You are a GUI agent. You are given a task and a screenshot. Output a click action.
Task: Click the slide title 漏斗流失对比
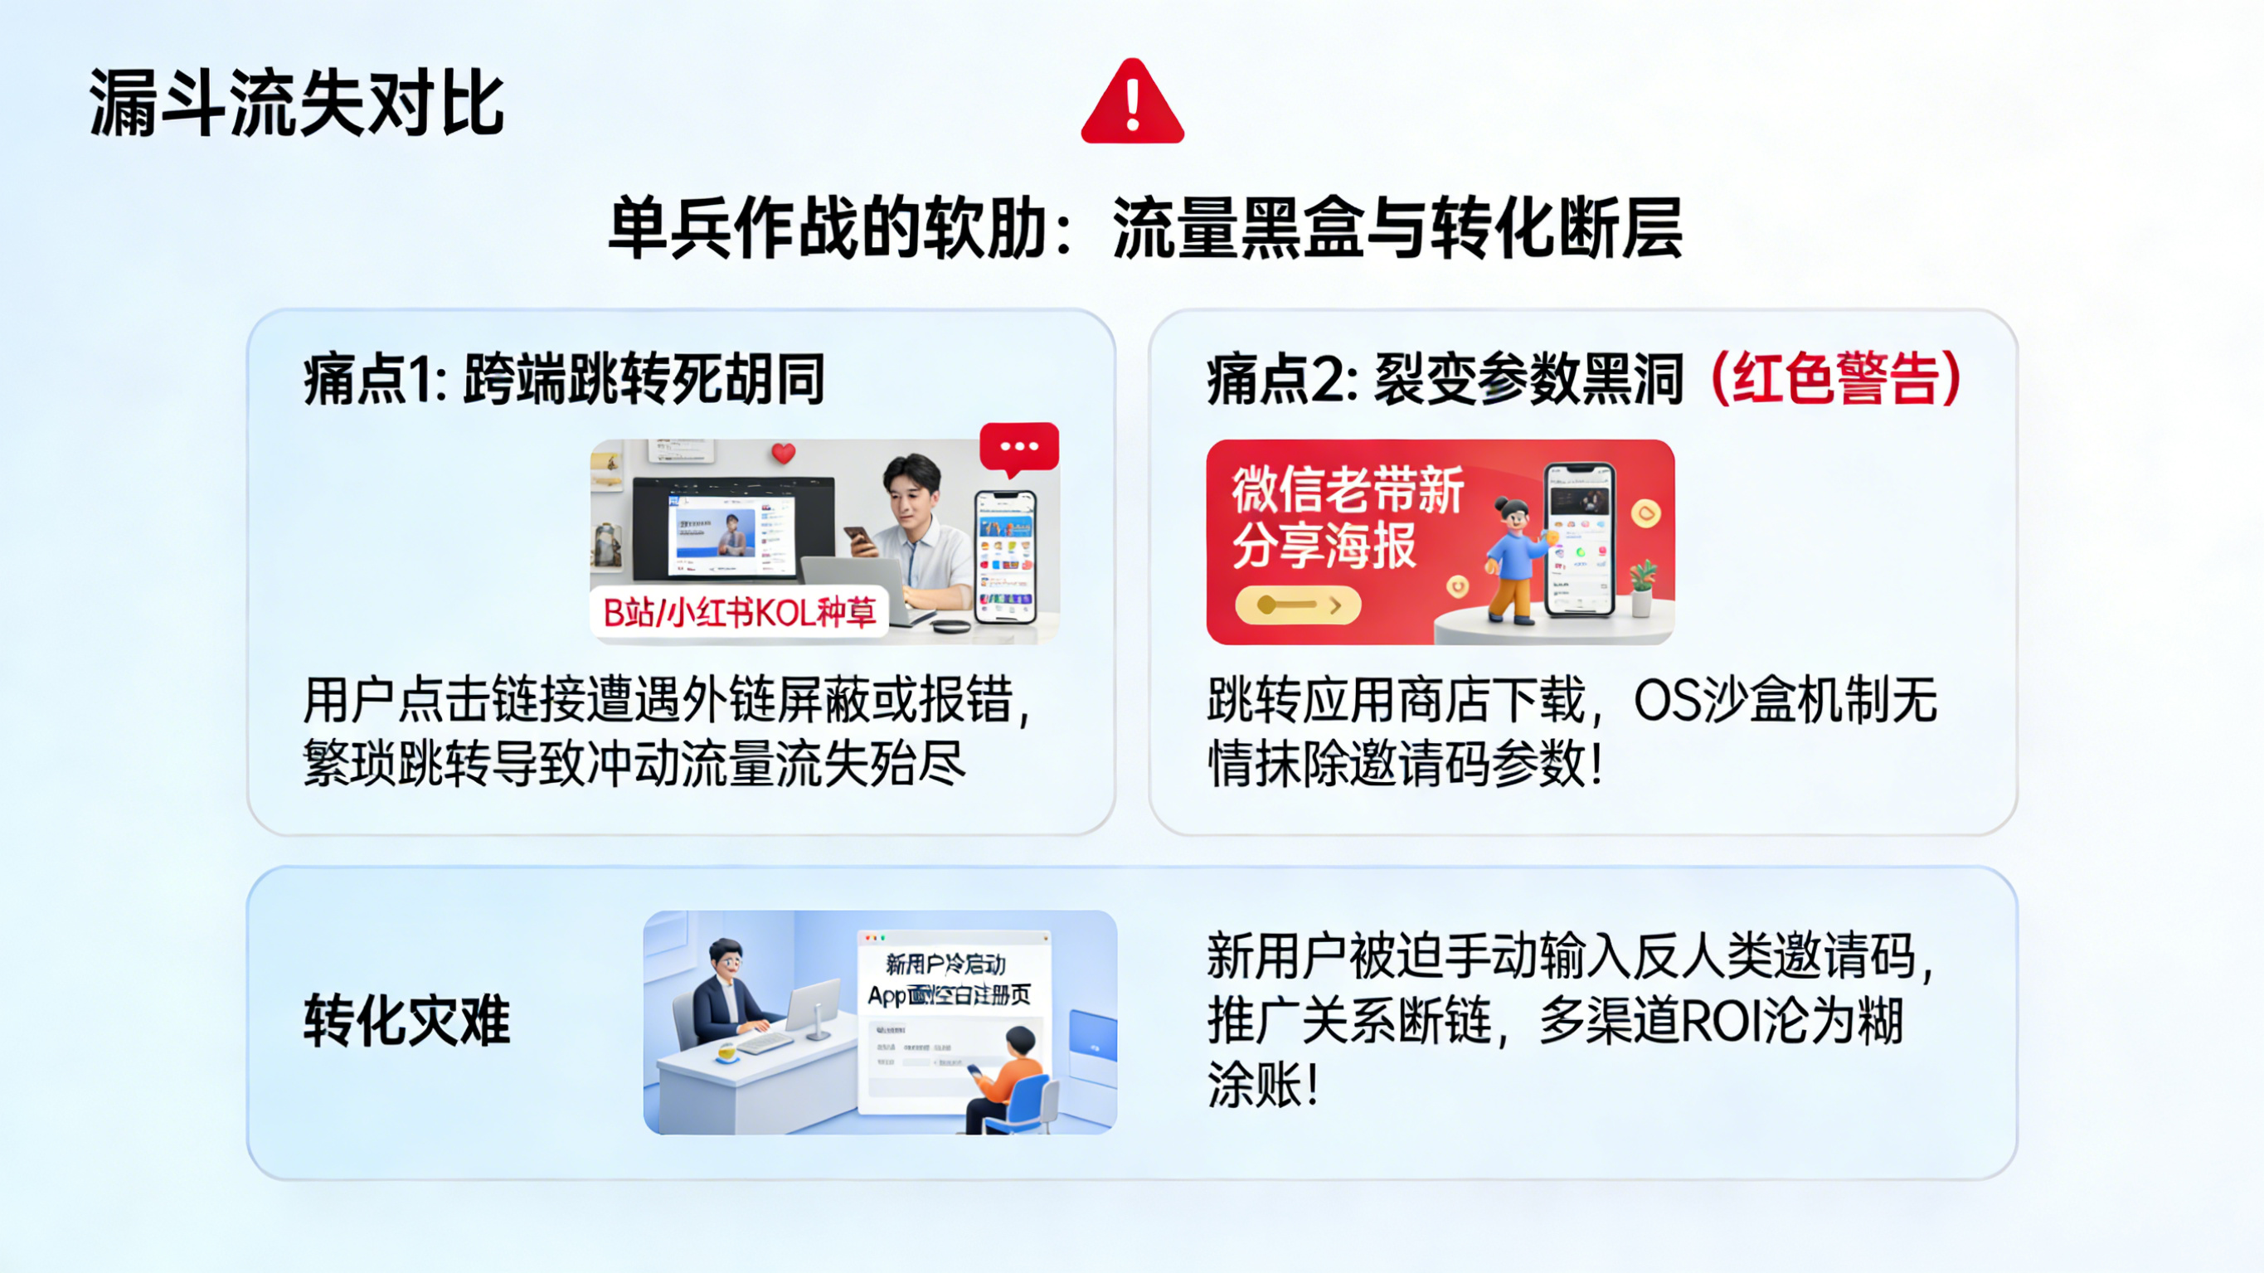[296, 104]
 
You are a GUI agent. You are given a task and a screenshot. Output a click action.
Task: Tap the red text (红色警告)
[1835, 379]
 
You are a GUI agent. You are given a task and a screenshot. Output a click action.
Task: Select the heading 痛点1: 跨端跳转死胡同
[563, 380]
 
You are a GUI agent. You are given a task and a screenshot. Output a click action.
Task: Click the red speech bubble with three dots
[1018, 447]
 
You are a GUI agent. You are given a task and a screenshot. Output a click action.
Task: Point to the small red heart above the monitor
[783, 453]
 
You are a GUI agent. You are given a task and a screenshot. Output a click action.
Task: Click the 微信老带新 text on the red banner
[1348, 489]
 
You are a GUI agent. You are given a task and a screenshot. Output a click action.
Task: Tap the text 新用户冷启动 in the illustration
[945, 964]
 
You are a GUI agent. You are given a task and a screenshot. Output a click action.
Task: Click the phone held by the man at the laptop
[858, 538]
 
